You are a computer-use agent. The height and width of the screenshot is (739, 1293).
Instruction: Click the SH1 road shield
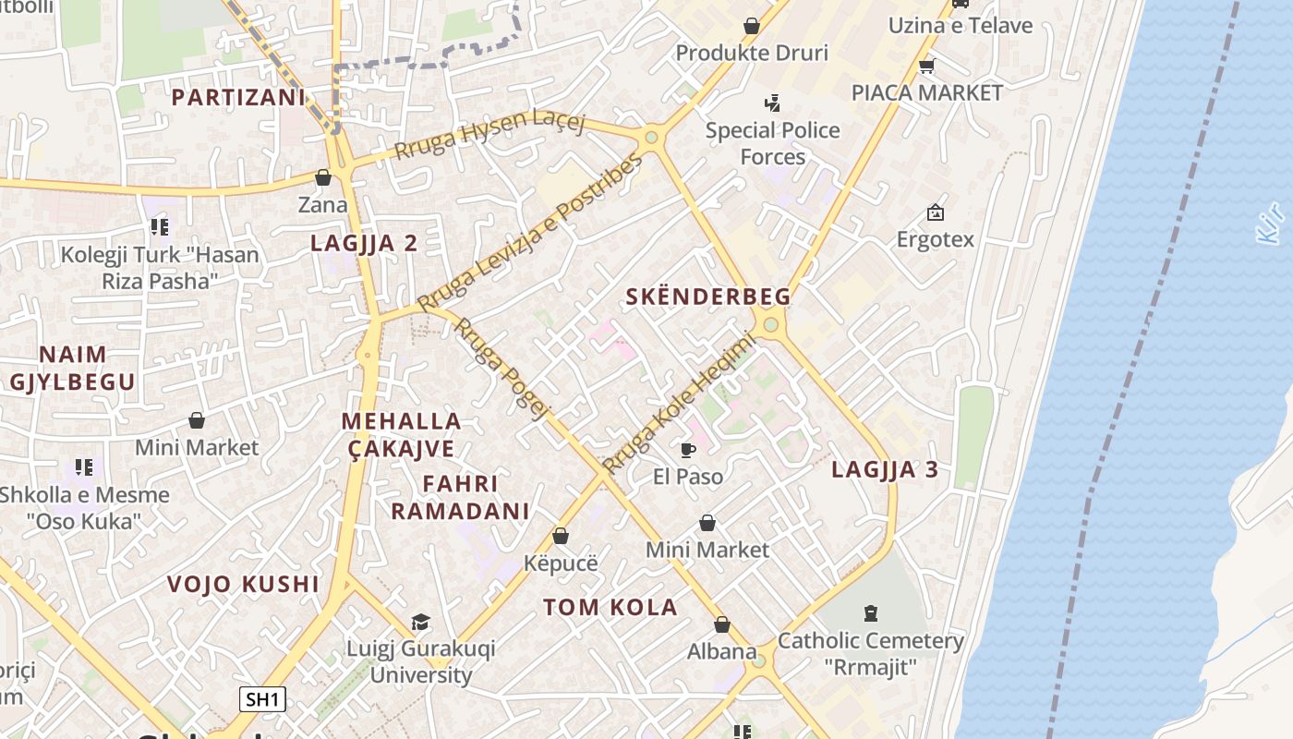pyautogui.click(x=263, y=699)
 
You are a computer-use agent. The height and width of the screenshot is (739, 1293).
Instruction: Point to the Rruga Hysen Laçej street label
pyautogui.click(x=489, y=135)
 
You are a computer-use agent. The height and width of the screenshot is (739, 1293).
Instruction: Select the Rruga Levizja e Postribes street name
pyautogui.click(x=529, y=234)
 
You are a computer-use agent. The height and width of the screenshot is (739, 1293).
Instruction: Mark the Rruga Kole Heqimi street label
pyautogui.click(x=679, y=403)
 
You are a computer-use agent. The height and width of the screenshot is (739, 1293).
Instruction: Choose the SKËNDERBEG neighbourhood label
pyautogui.click(x=708, y=297)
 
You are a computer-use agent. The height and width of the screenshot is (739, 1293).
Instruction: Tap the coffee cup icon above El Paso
pyautogui.click(x=687, y=450)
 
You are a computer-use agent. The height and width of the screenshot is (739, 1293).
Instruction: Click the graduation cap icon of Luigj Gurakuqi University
pyautogui.click(x=420, y=622)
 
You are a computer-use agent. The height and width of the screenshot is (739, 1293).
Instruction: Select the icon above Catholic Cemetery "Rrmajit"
pyautogui.click(x=870, y=612)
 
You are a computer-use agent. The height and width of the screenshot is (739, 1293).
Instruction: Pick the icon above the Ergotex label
pyautogui.click(x=936, y=212)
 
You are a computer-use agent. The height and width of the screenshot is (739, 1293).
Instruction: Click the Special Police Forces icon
pyautogui.click(x=772, y=103)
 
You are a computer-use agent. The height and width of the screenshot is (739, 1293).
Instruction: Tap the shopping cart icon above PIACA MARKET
pyautogui.click(x=926, y=66)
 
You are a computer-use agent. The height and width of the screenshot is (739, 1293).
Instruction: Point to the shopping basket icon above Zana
pyautogui.click(x=322, y=177)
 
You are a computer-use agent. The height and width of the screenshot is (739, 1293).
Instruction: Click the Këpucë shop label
pyautogui.click(x=561, y=563)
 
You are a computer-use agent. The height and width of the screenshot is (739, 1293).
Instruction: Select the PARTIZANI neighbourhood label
pyautogui.click(x=238, y=97)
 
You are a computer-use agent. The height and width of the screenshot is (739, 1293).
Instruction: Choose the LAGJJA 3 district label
pyautogui.click(x=885, y=469)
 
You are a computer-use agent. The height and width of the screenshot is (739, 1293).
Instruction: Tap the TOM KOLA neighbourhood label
pyautogui.click(x=610, y=607)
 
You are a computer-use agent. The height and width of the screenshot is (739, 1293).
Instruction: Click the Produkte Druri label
pyautogui.click(x=752, y=53)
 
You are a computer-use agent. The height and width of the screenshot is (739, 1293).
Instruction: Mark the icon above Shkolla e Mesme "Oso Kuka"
pyautogui.click(x=84, y=467)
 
